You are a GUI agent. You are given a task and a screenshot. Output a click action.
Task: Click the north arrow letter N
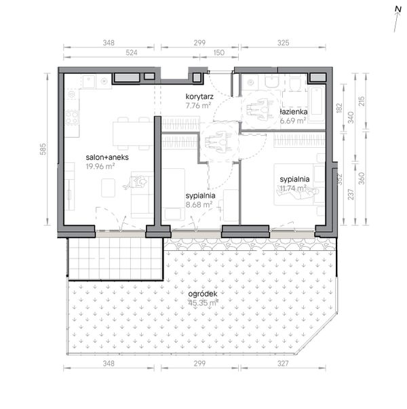pos(398,9)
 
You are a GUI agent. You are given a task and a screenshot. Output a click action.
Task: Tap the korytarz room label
pos(199,97)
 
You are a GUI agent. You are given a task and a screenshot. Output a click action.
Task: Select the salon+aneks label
pos(107,157)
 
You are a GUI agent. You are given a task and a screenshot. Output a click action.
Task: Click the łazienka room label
pos(293,112)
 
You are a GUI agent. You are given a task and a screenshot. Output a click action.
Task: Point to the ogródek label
pos(203,294)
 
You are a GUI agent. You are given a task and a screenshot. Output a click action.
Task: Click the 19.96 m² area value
pos(100,166)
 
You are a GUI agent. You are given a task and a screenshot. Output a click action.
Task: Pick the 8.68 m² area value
pos(199,205)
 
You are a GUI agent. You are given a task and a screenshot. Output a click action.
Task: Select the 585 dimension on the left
pos(43,149)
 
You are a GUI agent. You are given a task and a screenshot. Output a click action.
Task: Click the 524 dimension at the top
pos(132,53)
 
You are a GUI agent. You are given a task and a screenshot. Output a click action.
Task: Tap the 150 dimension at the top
pos(219,53)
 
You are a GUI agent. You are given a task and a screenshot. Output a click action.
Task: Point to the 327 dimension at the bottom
pos(283,364)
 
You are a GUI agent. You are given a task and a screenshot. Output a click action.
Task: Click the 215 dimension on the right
pos(362,101)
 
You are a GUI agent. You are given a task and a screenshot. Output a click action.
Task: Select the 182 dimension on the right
pos(339,108)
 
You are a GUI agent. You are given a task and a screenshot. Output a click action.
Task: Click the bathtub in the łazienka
pos(317,104)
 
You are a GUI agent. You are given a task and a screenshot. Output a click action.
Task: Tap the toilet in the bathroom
pos(295,84)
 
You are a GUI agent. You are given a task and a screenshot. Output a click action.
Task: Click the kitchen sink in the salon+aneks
pos(89,81)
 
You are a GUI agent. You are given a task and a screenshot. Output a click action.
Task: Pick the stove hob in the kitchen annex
pos(73,117)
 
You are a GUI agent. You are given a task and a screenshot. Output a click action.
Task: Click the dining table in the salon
pos(133,134)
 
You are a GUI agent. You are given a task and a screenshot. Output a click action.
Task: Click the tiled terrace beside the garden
pos(115,258)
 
